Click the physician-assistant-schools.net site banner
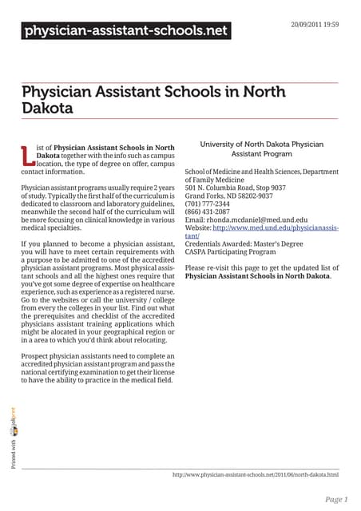click(x=125, y=32)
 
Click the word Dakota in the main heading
click(x=47, y=107)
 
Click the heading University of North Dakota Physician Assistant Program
click(x=261, y=149)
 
